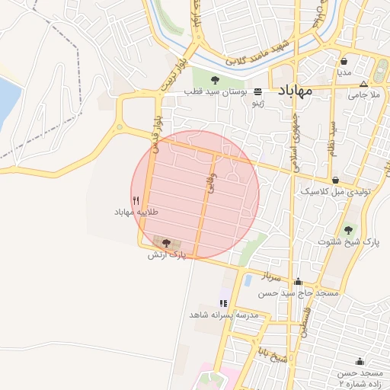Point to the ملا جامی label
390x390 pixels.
click(x=364, y=95)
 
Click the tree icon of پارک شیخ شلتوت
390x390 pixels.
click(x=348, y=230)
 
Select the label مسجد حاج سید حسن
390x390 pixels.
click(x=298, y=292)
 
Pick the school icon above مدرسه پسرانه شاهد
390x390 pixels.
click(x=223, y=303)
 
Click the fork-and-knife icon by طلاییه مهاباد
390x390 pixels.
click(x=136, y=200)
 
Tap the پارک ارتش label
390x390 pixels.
click(x=166, y=254)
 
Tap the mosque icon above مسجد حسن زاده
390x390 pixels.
click(x=360, y=361)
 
